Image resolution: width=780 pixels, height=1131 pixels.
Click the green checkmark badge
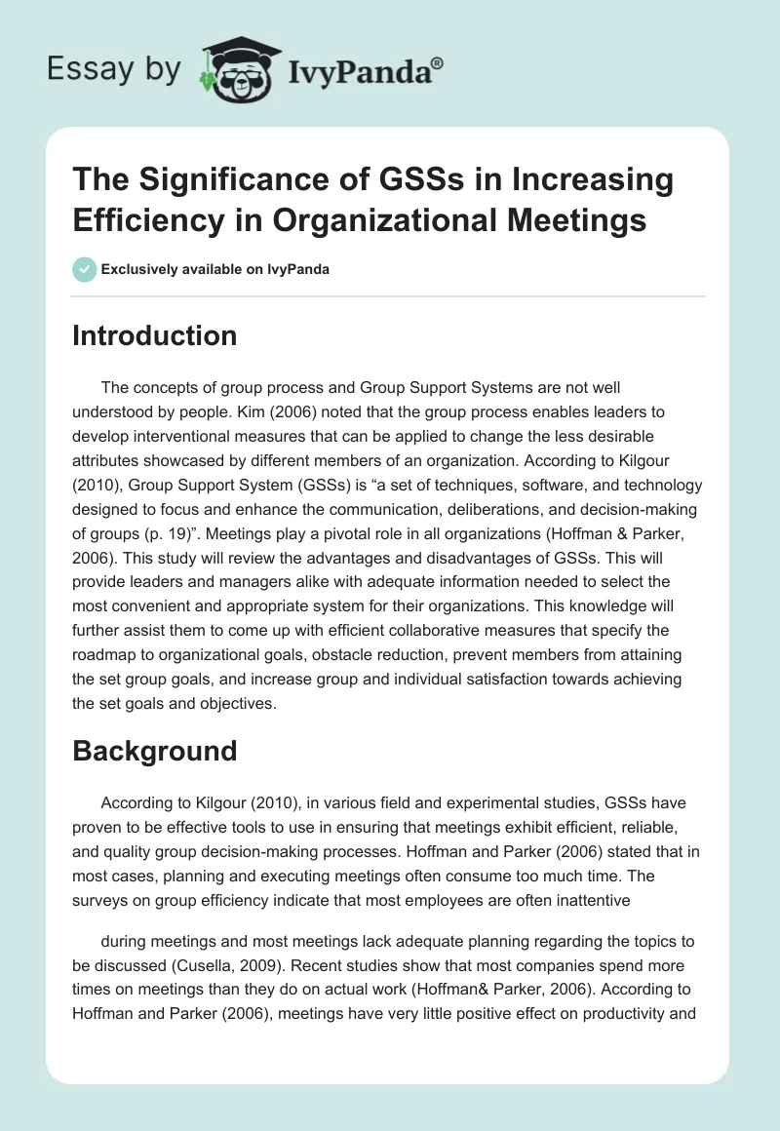point(85,269)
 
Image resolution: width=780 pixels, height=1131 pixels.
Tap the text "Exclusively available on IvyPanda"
point(215,269)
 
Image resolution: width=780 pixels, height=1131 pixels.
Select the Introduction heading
point(154,335)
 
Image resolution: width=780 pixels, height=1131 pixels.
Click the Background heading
point(154,751)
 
